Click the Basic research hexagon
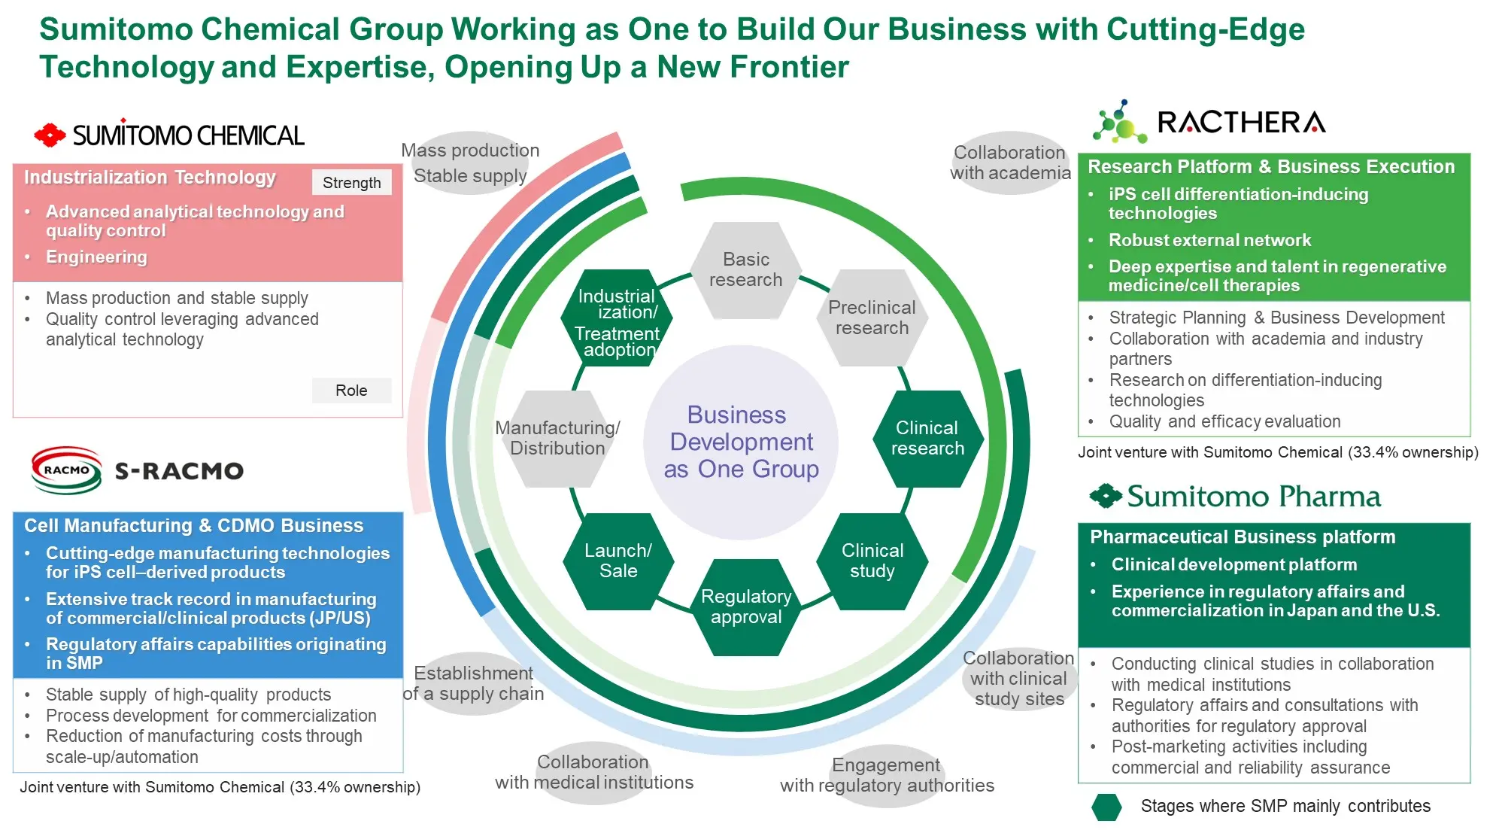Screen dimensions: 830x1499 [x=745, y=270]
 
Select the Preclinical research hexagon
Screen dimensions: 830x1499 [x=872, y=318]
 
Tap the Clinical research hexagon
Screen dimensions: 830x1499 [x=927, y=439]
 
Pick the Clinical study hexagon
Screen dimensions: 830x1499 [x=872, y=561]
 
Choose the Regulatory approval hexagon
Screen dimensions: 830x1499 [x=746, y=607]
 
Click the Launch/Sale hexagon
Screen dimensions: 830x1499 [x=618, y=561]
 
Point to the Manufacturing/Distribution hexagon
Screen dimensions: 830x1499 [x=557, y=439]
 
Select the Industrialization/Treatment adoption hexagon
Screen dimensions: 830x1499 [x=617, y=318]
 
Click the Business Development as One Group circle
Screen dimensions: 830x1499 [x=741, y=442]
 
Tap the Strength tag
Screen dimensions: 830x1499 [x=351, y=183]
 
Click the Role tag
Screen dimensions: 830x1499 [x=351, y=391]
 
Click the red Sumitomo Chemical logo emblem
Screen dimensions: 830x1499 [x=50, y=135]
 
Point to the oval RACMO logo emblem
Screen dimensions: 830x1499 [x=66, y=470]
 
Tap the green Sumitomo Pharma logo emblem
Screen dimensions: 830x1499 [x=1106, y=497]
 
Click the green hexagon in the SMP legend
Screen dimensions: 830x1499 [x=1106, y=807]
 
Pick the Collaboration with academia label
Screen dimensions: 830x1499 [x=1009, y=163]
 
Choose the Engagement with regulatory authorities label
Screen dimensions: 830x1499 [x=887, y=776]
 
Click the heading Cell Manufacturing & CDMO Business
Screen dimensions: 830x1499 [x=193, y=525]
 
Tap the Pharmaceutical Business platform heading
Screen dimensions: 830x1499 [x=1242, y=537]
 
